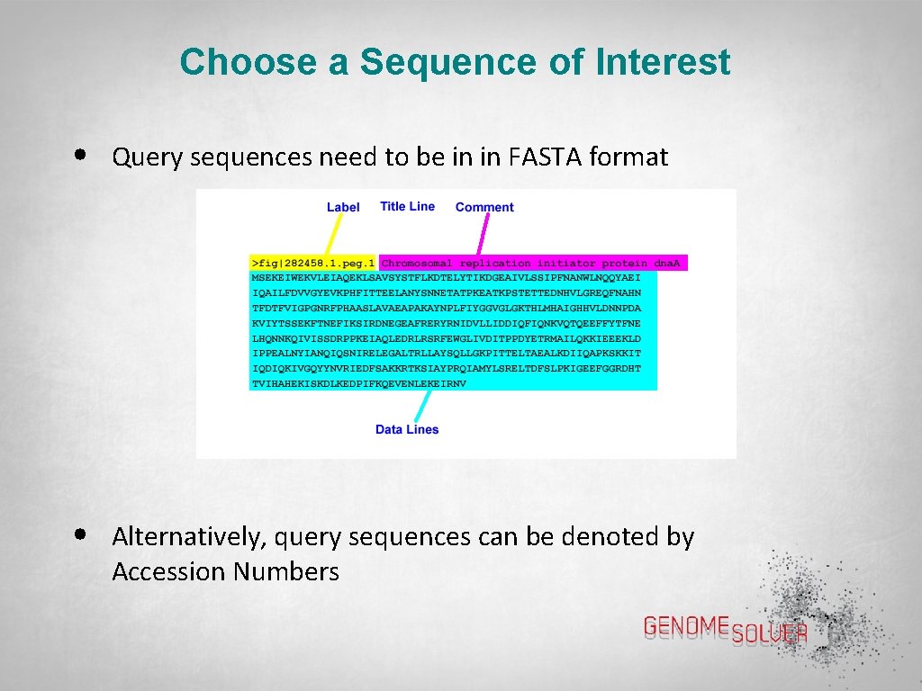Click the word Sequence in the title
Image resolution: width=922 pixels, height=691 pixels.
[x=471, y=63]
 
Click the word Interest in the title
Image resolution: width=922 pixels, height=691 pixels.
[x=662, y=63]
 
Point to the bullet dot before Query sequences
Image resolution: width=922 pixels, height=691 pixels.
[x=81, y=155]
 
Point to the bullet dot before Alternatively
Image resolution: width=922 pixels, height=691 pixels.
[x=81, y=534]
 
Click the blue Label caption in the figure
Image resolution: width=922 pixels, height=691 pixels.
[x=343, y=207]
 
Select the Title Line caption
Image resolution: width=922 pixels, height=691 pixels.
[x=407, y=206]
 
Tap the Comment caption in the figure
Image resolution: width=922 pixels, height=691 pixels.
[x=484, y=207]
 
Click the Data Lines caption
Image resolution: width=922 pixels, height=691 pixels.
[x=407, y=429]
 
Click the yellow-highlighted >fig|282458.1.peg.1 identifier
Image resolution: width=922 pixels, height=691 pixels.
[x=312, y=263]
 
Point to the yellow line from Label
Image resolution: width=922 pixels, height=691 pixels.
[x=333, y=233]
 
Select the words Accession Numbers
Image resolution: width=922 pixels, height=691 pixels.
[x=225, y=572]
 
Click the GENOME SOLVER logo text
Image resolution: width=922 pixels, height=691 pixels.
[x=725, y=629]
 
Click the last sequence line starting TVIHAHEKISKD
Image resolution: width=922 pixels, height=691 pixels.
[x=358, y=382]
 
